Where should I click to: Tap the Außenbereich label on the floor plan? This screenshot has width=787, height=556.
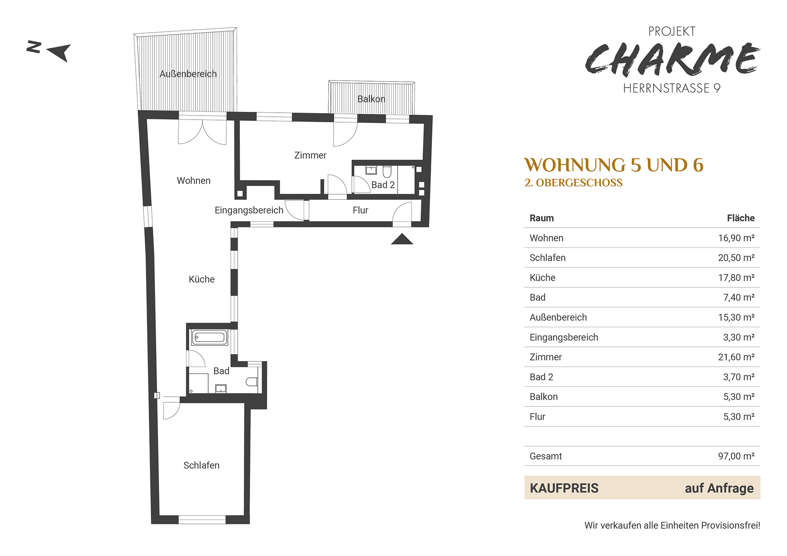click(x=188, y=74)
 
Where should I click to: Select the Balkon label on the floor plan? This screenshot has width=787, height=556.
click(x=371, y=99)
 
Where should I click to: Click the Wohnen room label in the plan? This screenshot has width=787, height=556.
click(x=193, y=181)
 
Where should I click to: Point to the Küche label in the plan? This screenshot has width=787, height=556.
click(x=202, y=279)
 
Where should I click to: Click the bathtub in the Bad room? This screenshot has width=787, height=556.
click(x=210, y=338)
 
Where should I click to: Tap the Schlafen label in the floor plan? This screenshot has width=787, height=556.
click(x=201, y=465)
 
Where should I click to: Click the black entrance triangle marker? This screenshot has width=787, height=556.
click(x=402, y=239)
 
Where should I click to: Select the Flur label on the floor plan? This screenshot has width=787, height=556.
click(x=360, y=210)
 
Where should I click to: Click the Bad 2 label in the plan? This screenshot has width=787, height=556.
click(x=383, y=185)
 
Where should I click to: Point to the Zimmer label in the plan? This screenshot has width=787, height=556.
click(x=310, y=155)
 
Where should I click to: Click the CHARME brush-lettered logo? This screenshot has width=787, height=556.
click(x=672, y=59)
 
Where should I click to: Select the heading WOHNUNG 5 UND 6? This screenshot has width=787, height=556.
click(x=614, y=165)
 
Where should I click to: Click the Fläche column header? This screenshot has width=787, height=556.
click(x=741, y=218)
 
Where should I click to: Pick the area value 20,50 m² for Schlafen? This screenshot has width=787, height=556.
click(x=736, y=258)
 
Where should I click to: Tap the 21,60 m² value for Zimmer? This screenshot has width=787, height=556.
click(x=736, y=357)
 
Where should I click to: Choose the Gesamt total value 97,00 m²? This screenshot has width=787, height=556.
click(x=736, y=456)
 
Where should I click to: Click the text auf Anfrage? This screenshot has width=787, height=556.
click(x=719, y=488)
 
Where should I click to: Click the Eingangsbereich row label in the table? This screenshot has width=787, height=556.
click(x=564, y=338)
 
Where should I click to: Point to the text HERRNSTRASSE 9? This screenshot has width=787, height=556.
click(x=672, y=88)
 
